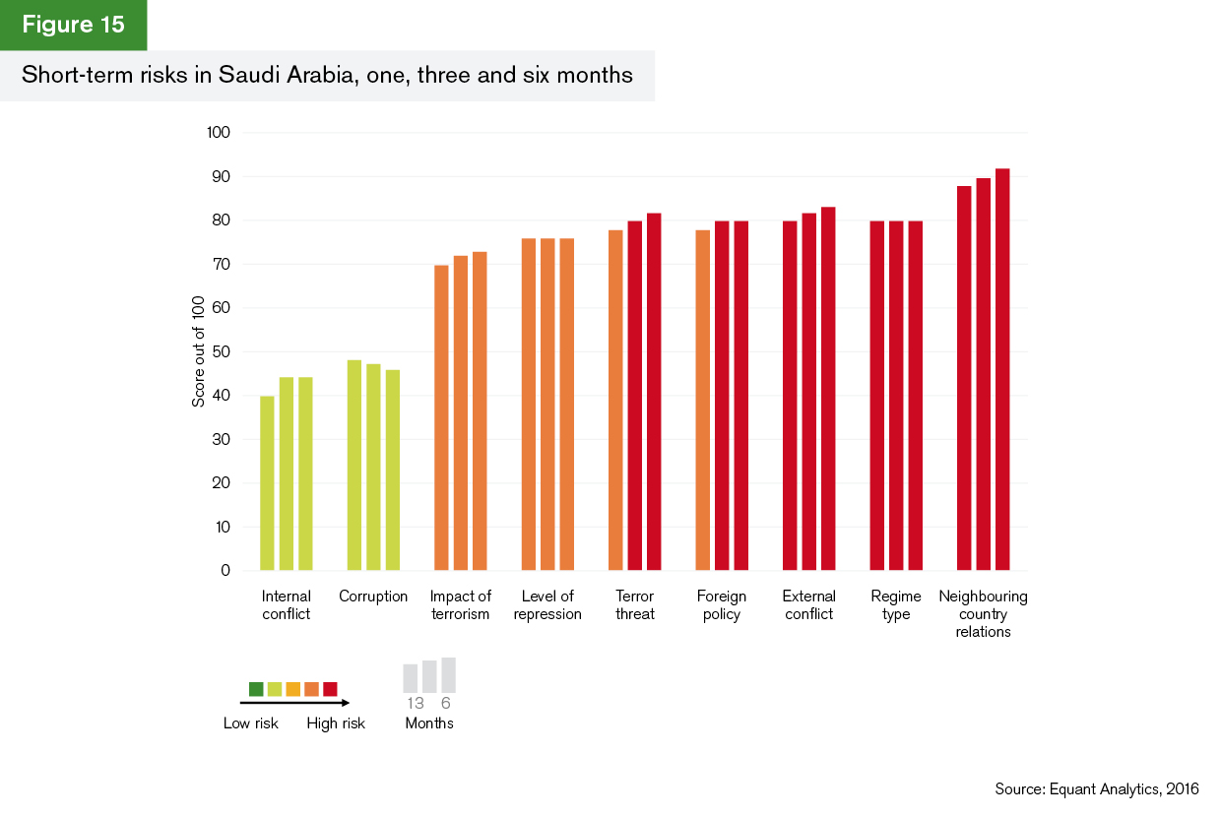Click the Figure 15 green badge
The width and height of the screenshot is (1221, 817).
pyautogui.click(x=73, y=26)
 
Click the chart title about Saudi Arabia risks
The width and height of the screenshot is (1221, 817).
pyautogui.click(x=327, y=75)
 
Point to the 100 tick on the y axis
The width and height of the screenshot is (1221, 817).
pyautogui.click(x=217, y=133)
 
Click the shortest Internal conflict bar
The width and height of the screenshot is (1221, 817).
pyautogui.click(x=267, y=482)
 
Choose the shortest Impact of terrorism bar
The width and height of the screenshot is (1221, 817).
pyautogui.click(x=441, y=417)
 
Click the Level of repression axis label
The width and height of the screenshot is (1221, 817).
pyautogui.click(x=547, y=605)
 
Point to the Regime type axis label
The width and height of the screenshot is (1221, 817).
pyautogui.click(x=896, y=605)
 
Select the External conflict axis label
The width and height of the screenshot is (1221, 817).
pyautogui.click(x=808, y=605)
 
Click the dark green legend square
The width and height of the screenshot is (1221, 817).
pyautogui.click(x=256, y=688)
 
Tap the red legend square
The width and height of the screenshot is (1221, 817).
pyautogui.click(x=330, y=688)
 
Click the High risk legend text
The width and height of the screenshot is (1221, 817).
pyautogui.click(x=336, y=723)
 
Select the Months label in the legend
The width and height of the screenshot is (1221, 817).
pyautogui.click(x=429, y=723)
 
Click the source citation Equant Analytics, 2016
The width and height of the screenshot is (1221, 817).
pyautogui.click(x=1097, y=789)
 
